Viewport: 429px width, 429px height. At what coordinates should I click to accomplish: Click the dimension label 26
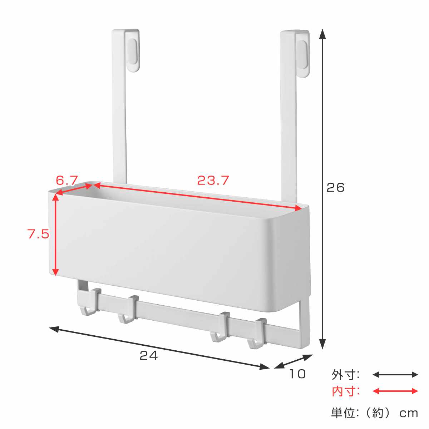pos(335,188)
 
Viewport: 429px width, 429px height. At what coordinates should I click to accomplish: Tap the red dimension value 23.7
pos(213,181)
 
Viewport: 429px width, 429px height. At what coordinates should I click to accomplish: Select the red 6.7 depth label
pos(66,180)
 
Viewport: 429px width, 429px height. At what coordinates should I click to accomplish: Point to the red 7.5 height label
pos(38,234)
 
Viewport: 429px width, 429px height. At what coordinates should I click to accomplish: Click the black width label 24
pos(149,355)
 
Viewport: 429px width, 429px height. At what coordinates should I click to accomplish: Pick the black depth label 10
pos(297,374)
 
